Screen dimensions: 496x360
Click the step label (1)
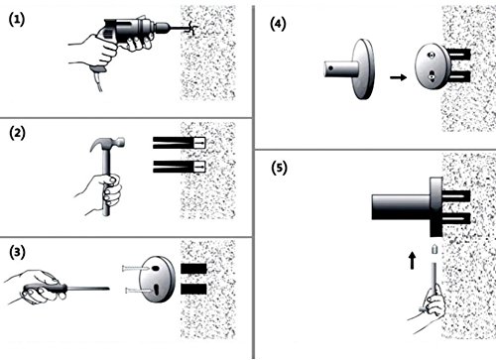pos(17,20)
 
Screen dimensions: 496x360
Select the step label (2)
pos(17,133)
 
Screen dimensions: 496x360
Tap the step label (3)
pos(17,252)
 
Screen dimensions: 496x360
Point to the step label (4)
pos(278,24)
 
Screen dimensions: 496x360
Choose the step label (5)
pos(279,168)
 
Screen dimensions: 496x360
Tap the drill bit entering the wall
pos(182,27)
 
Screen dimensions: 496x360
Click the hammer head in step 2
pos(108,144)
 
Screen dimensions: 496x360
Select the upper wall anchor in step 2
pos(180,143)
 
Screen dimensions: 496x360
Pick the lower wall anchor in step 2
pos(180,167)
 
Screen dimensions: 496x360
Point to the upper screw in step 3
pos(135,268)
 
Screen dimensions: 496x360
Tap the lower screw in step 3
pos(139,291)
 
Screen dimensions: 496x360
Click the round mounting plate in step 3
pos(157,280)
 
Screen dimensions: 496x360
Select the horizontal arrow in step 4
pos(398,77)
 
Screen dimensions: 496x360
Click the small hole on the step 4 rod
pos(331,69)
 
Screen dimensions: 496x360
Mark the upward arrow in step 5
pos(412,261)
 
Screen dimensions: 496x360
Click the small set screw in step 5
pos(435,249)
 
